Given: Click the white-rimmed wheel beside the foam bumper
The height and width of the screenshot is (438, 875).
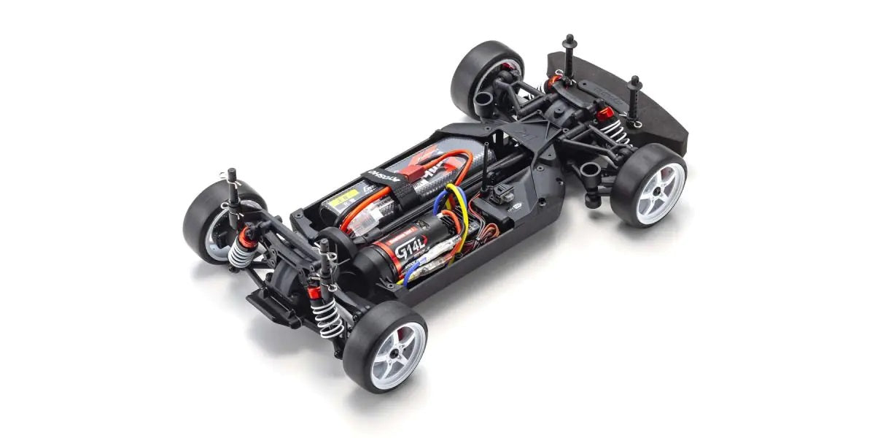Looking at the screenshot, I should [648, 189].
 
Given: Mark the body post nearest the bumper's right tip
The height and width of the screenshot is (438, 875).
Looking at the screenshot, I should [636, 102].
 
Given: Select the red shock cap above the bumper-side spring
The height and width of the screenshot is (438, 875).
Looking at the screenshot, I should [603, 114].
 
